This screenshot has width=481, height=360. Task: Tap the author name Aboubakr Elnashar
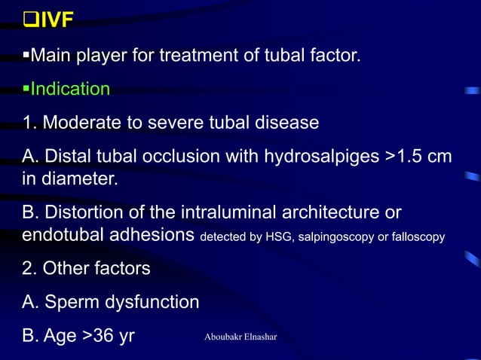240,336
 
